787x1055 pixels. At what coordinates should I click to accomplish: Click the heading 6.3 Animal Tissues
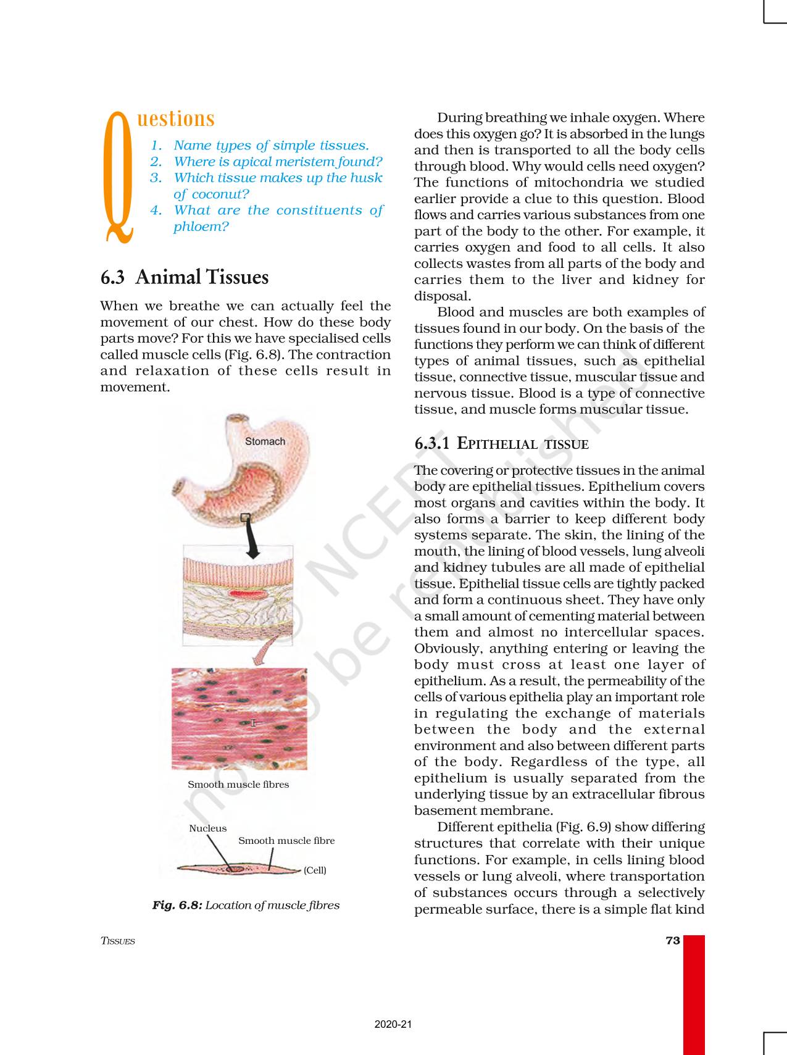[185, 277]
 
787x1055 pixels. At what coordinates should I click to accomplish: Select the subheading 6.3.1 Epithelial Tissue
[501, 443]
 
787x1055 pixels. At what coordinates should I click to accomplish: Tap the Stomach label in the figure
[265, 441]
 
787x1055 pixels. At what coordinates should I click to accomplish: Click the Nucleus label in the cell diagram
[207, 828]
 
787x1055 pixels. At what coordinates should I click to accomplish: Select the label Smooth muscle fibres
[238, 785]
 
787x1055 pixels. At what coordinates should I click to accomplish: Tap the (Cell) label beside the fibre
[315, 870]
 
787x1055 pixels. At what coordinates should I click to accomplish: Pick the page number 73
[673, 941]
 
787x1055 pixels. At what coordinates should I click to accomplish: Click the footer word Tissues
[117, 941]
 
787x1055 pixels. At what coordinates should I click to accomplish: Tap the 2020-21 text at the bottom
[393, 1025]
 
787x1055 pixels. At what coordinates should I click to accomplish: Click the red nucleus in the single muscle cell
[234, 869]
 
